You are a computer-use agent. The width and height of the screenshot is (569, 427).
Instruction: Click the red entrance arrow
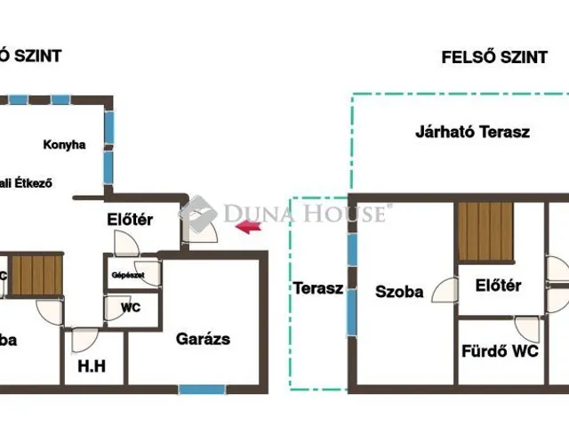coord(249,229)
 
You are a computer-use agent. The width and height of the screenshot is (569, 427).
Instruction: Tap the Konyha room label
coord(64,144)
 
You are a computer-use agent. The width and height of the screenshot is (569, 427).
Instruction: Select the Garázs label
coord(203,339)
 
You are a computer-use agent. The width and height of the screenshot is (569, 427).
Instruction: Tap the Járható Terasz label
coord(472,132)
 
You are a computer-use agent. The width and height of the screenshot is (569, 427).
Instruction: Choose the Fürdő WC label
coord(499,351)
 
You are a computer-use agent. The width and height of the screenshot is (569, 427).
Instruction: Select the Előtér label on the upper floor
coord(498,286)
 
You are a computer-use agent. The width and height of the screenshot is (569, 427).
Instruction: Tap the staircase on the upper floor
coord(485,230)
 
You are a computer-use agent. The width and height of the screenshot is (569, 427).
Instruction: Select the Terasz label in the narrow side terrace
coord(318,289)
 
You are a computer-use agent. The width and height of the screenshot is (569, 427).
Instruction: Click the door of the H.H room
coord(84,339)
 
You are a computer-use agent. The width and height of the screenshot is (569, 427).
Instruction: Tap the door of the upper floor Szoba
coord(442,290)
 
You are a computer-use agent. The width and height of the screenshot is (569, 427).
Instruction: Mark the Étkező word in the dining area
coord(32,183)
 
